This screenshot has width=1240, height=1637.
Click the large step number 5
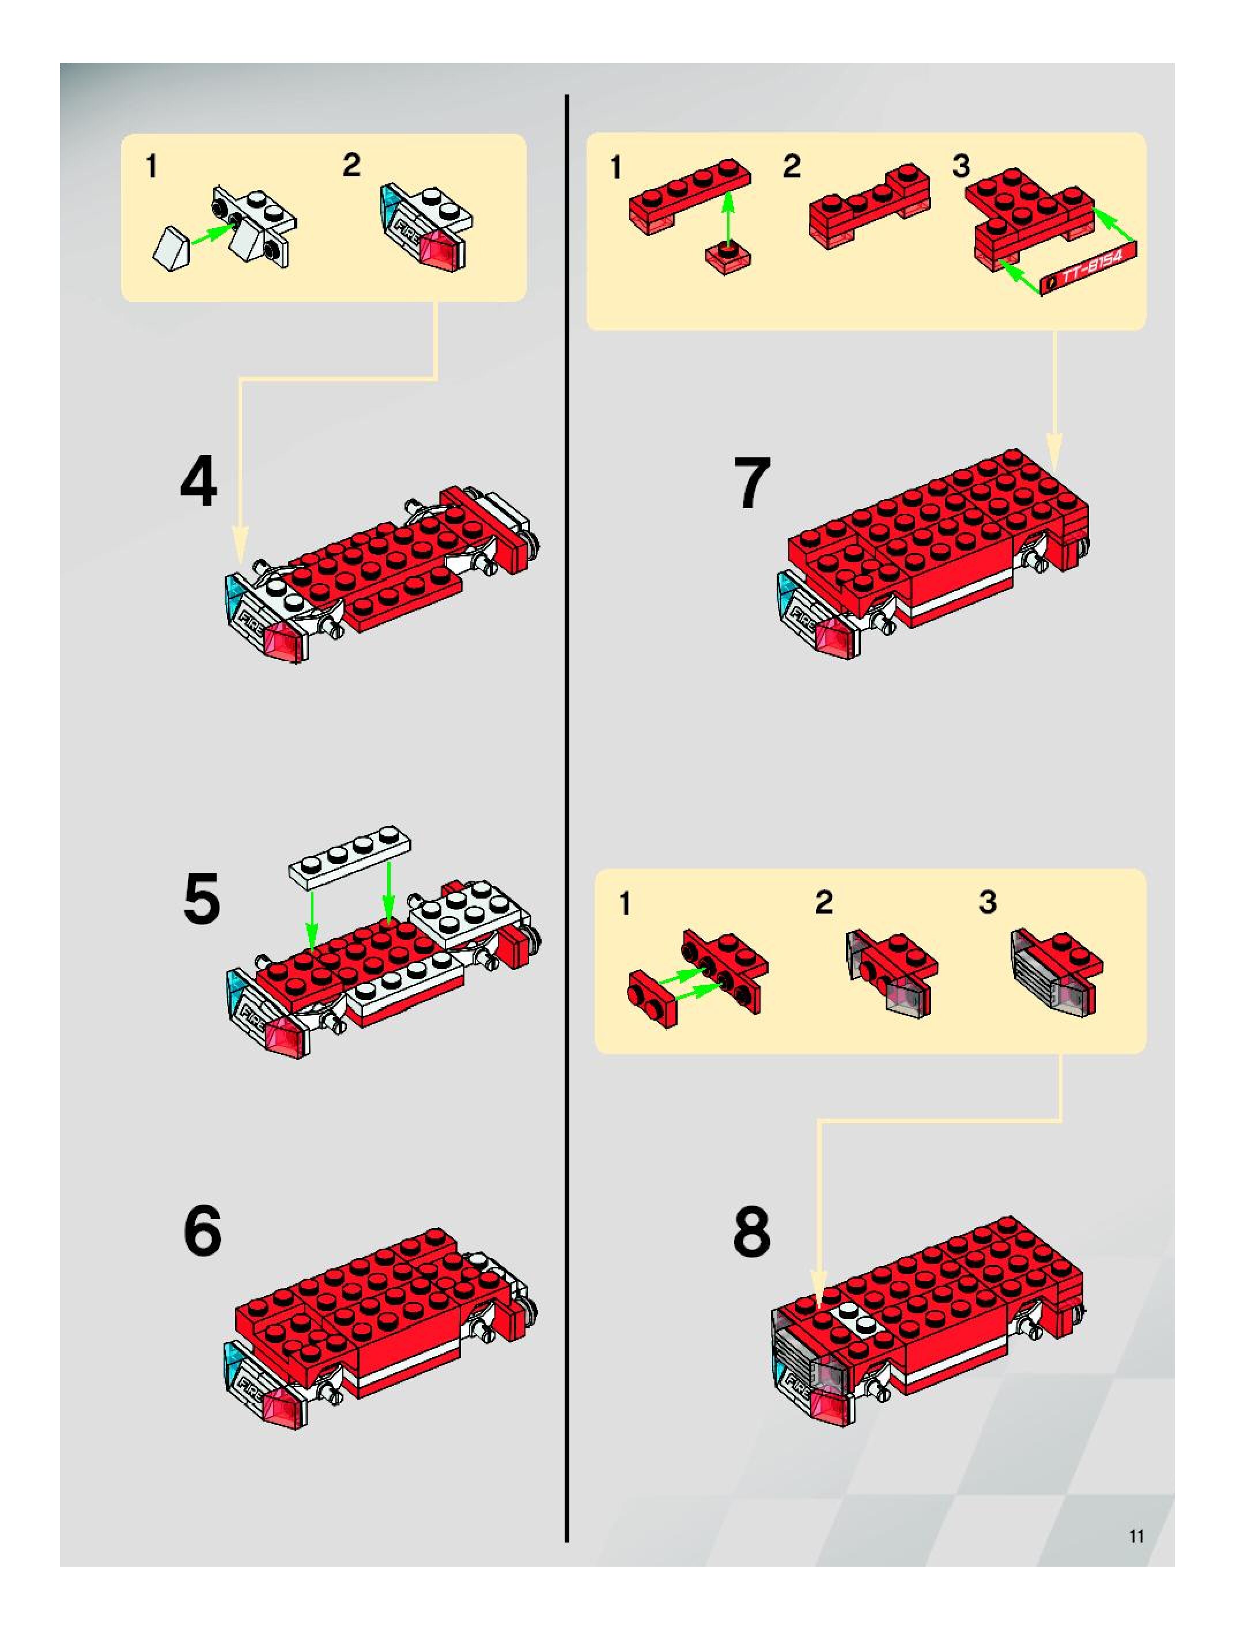(x=201, y=899)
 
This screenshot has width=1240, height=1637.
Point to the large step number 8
(x=751, y=1231)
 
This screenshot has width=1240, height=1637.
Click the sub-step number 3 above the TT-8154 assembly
(x=961, y=166)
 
